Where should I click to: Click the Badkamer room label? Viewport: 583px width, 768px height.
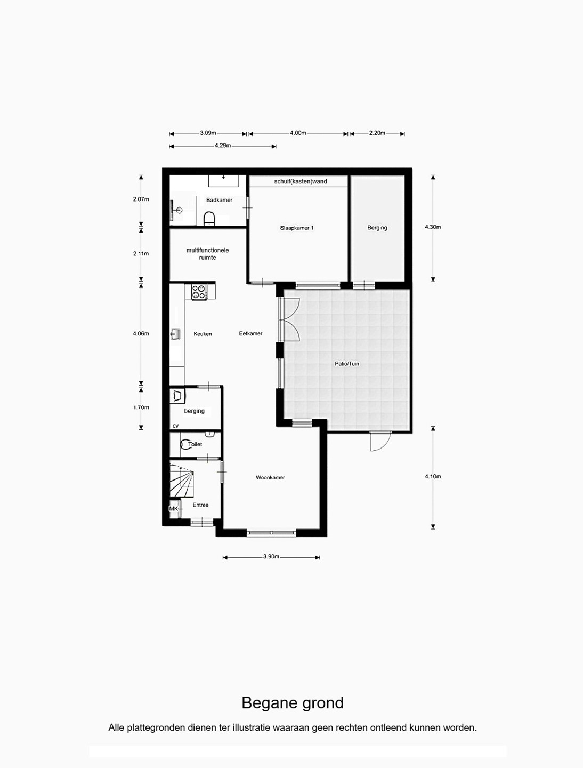[x=219, y=200]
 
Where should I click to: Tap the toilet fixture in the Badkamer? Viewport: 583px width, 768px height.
[x=209, y=219]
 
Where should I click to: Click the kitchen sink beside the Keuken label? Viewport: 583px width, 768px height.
[x=175, y=334]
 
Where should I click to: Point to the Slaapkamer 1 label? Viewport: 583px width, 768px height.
[x=297, y=228]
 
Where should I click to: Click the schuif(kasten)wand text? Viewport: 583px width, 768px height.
[x=301, y=181]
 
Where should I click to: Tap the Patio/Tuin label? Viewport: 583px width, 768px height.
[x=347, y=364]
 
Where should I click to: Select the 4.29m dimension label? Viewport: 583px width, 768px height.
[x=223, y=146]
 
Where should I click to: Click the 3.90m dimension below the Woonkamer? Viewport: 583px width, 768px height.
[x=271, y=557]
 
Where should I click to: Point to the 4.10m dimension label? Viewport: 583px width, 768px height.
[x=433, y=477]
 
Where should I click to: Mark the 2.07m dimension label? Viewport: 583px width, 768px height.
[x=141, y=199]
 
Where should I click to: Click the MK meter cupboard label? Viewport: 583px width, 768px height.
[x=174, y=509]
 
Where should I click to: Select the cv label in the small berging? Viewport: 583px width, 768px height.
[x=175, y=426]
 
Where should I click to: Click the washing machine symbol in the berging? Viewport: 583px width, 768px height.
[x=177, y=396]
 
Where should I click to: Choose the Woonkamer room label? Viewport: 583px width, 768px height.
[x=270, y=477]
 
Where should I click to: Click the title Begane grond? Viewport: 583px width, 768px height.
[x=293, y=703]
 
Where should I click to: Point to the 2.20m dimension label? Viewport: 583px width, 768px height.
[x=377, y=133]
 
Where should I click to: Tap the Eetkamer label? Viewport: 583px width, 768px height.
[x=250, y=334]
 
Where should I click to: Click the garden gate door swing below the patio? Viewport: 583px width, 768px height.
[x=380, y=441]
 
